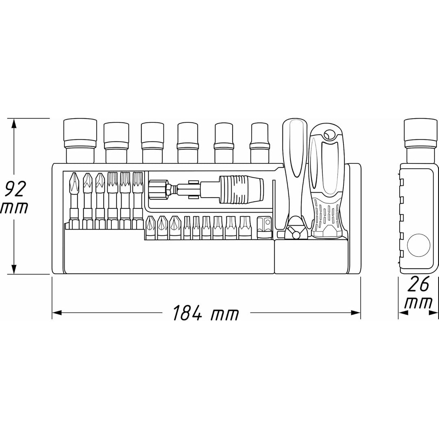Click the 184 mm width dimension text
(x=206, y=313)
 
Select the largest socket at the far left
(x=80, y=140)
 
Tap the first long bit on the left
(x=74, y=199)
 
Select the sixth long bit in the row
(x=137, y=199)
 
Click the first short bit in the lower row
(x=150, y=228)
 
